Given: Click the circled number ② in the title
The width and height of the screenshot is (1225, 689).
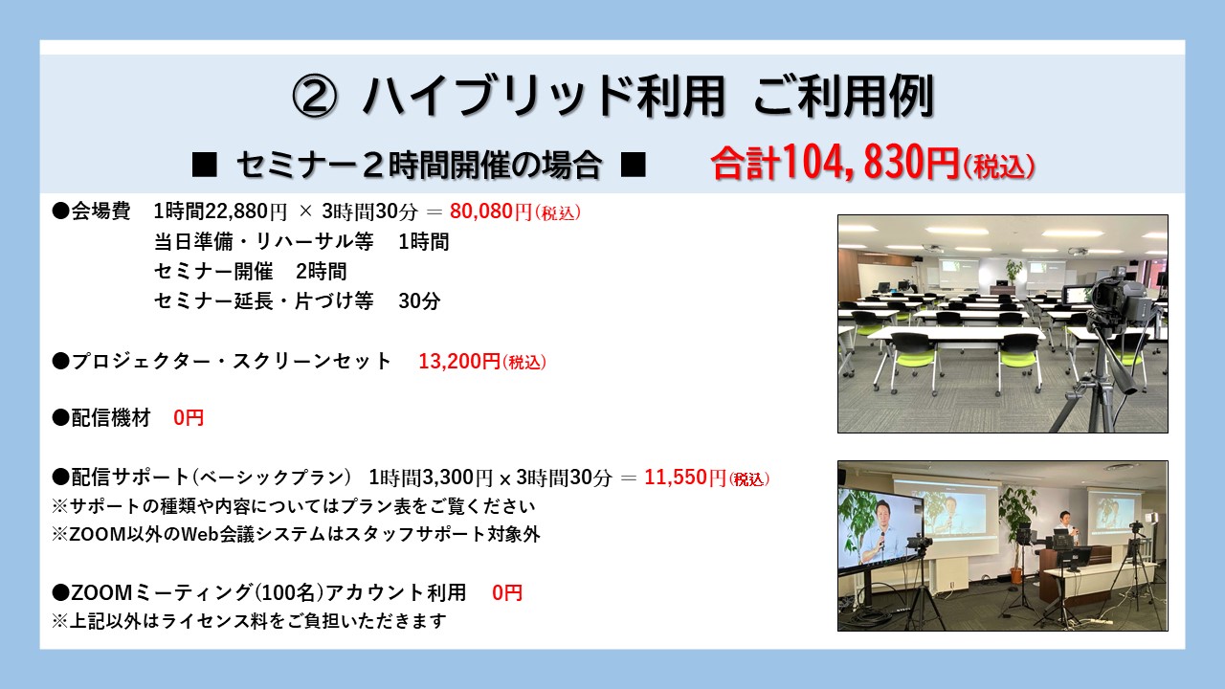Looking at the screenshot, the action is coord(315,97).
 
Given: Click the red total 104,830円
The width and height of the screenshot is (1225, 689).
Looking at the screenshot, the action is coord(871,163).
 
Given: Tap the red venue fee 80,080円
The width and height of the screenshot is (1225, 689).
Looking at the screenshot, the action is coord(491,211).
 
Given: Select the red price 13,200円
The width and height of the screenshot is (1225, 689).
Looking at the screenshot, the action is coord(459,362).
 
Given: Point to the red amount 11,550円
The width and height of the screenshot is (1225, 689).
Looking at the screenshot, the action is coord(685,478).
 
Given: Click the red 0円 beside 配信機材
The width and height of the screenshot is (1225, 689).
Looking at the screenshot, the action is coord(189,418).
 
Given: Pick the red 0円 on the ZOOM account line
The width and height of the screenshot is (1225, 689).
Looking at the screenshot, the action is coord(507,592).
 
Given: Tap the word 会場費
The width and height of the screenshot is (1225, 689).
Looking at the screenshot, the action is coord(100,211).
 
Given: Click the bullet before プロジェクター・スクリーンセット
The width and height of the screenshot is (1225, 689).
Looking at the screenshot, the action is coord(60,362).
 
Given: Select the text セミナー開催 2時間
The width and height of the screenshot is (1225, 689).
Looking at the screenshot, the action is coord(251,271).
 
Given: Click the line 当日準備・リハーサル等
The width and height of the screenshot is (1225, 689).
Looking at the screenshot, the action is coord(263,242).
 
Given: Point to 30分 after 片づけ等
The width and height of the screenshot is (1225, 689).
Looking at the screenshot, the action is coord(419,300).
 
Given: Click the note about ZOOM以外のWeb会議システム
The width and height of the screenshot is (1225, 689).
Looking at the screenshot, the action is coord(296,534).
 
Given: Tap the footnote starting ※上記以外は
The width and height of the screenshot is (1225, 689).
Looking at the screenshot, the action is coord(249,621).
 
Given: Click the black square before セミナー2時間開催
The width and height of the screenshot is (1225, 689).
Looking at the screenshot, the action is coord(205,165).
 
